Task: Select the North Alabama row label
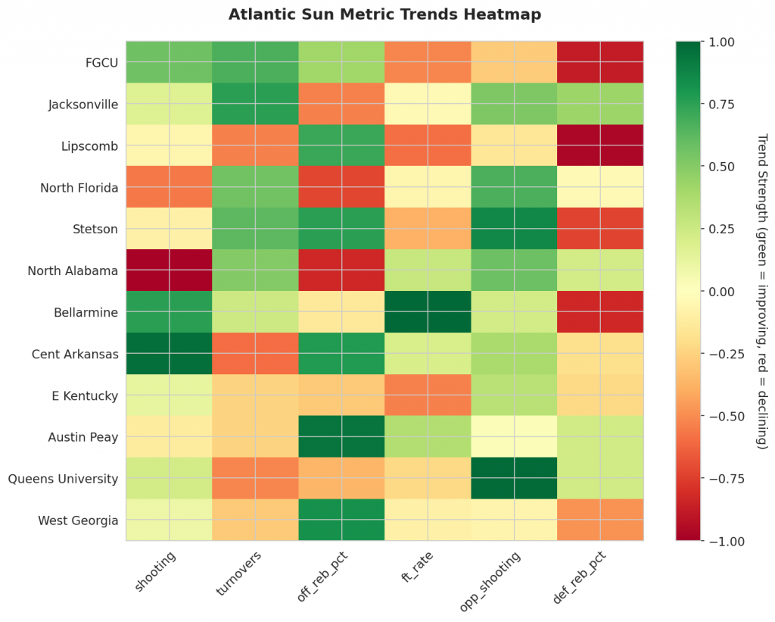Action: coord(73,270)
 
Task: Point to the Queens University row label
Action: coord(63,479)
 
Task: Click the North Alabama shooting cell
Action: coord(169,270)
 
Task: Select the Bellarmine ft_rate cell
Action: coord(428,312)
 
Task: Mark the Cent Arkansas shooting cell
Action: coord(169,354)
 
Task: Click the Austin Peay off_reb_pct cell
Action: coord(341,437)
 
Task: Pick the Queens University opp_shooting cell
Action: coord(514,479)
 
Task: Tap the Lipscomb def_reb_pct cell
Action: coord(600,145)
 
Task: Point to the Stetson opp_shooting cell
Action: coord(514,229)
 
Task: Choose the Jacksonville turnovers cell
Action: coord(255,104)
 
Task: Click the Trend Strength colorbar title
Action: coord(762,292)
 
